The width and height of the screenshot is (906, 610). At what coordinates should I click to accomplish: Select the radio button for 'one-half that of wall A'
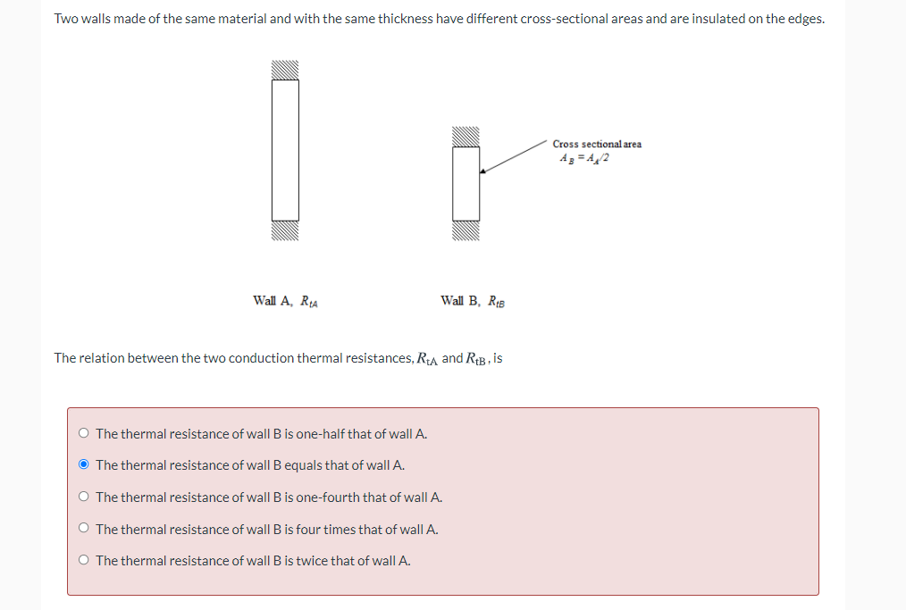pyautogui.click(x=83, y=434)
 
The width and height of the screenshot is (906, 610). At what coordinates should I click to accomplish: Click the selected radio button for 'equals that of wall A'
pyautogui.click(x=83, y=465)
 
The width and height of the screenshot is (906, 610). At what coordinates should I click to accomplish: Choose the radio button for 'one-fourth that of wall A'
pyautogui.click(x=83, y=497)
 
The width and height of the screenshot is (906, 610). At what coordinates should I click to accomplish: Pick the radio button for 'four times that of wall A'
pyautogui.click(x=83, y=530)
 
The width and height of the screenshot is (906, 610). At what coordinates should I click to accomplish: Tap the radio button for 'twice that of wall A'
pyautogui.click(x=83, y=561)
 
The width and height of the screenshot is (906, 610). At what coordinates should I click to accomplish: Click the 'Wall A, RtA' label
pyautogui.click(x=286, y=301)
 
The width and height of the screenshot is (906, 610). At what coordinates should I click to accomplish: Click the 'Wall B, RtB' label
pyautogui.click(x=473, y=301)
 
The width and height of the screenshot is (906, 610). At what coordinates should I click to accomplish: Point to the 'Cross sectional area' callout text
pyautogui.click(x=596, y=144)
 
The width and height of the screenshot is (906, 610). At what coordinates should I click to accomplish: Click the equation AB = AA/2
pyautogui.click(x=585, y=158)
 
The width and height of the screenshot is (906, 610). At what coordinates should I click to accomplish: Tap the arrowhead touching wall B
pyautogui.click(x=483, y=171)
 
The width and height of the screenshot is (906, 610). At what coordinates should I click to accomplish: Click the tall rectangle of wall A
pyautogui.click(x=285, y=150)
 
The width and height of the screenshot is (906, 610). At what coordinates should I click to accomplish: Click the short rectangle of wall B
pyautogui.click(x=466, y=183)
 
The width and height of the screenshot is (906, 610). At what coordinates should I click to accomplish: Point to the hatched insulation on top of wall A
pyautogui.click(x=285, y=71)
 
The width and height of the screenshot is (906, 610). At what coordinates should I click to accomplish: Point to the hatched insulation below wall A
pyautogui.click(x=285, y=230)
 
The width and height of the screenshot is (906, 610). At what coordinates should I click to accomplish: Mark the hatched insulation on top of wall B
pyautogui.click(x=466, y=137)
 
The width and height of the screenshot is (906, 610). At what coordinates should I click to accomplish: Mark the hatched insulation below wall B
pyautogui.click(x=466, y=230)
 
